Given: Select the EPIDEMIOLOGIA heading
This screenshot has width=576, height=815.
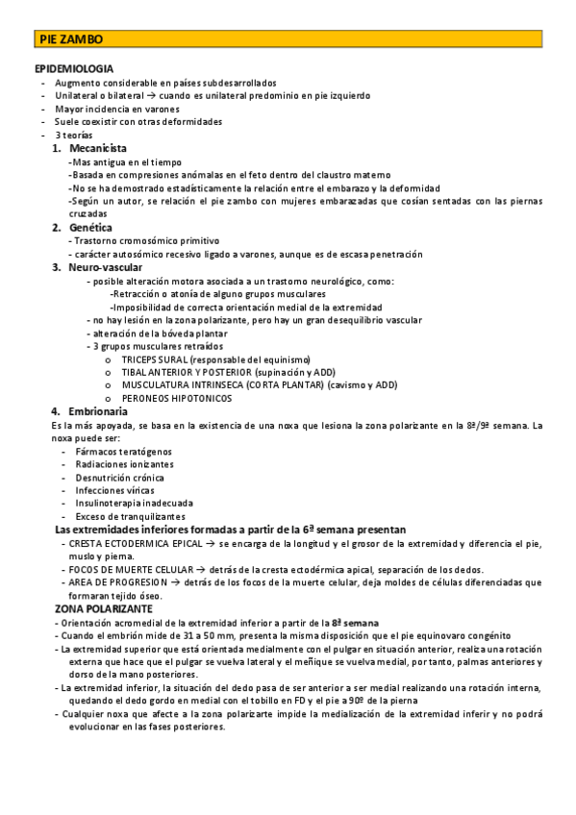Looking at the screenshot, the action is tap(74, 69).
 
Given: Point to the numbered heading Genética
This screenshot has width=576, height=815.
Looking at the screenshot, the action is tap(92, 227).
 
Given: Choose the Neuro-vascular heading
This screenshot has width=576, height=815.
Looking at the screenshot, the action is tap(106, 266).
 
